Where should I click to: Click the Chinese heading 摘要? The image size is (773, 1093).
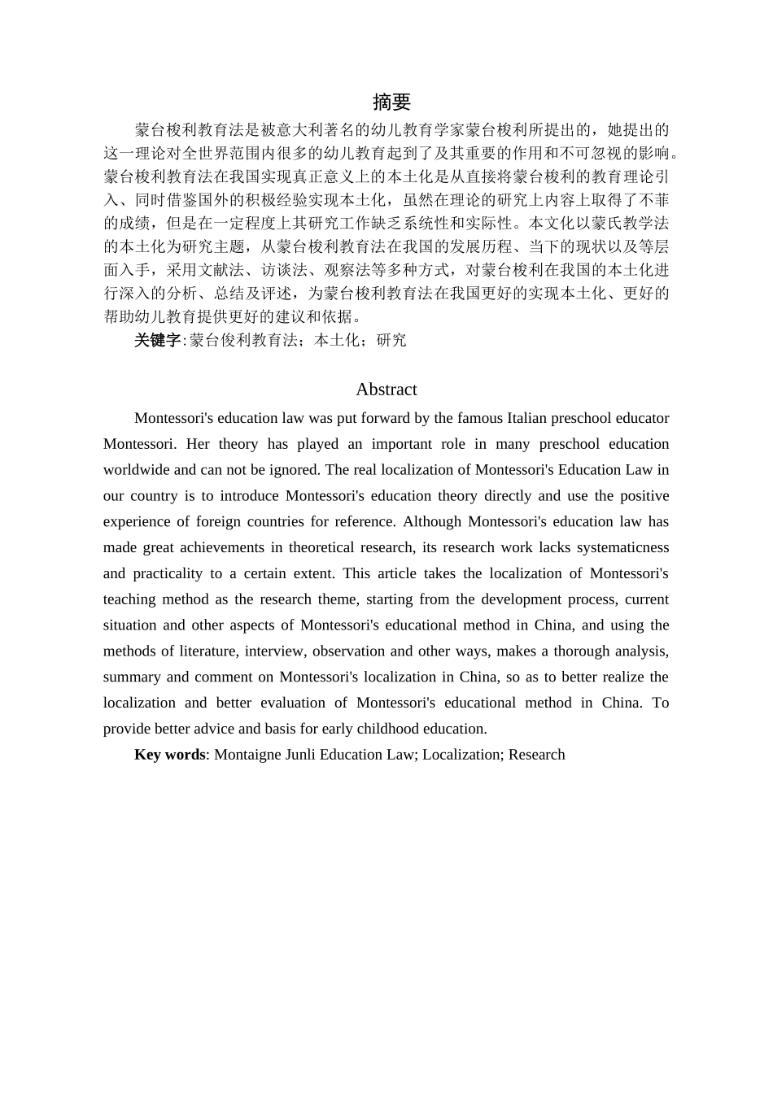391,102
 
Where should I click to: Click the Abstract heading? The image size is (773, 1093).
386,390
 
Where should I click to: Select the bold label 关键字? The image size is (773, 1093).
157,341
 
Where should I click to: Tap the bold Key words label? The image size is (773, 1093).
169,755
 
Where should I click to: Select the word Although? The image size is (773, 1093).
431,522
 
